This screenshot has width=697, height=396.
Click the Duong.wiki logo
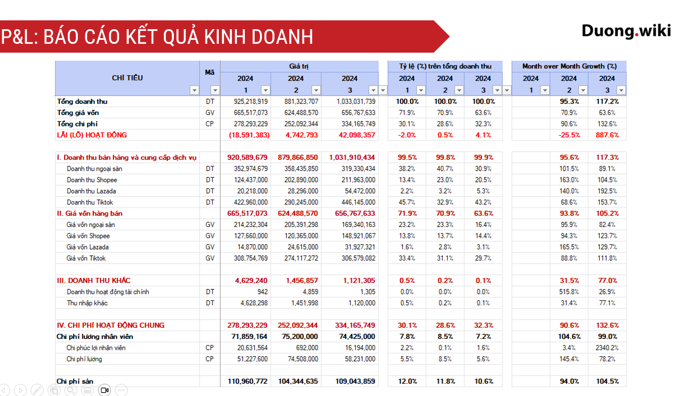click(626, 31)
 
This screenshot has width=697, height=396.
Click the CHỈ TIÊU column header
click(127, 78)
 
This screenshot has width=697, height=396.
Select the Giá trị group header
click(299, 66)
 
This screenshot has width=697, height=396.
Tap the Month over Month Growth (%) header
click(569, 66)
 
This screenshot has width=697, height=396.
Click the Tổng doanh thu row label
click(82, 102)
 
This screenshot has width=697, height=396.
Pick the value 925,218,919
click(251, 102)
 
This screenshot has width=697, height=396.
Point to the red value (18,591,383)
click(249, 135)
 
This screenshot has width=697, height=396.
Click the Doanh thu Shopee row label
click(92, 180)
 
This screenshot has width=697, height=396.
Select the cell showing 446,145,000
click(358, 202)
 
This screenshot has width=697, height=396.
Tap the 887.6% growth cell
click(607, 135)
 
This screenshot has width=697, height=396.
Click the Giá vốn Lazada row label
click(88, 247)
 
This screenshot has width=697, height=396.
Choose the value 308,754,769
click(251, 258)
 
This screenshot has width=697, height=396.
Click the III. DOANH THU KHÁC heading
click(93, 281)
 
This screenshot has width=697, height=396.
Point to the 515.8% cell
click(569, 292)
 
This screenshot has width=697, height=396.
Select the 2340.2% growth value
click(607, 348)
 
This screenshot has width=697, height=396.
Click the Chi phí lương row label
click(84, 359)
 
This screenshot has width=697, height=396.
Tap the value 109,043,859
click(355, 381)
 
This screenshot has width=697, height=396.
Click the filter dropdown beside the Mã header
click(215, 90)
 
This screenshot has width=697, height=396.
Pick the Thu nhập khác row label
click(87, 303)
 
